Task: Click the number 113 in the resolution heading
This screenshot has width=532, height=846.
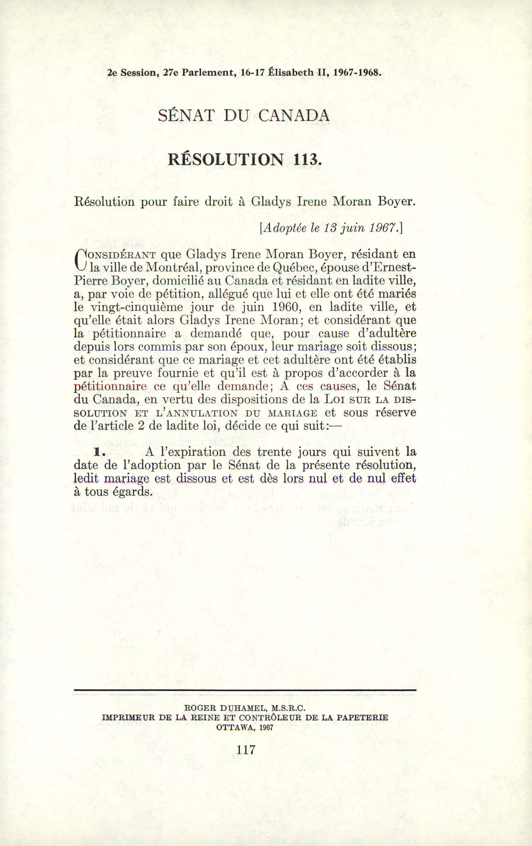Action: [x=306, y=159]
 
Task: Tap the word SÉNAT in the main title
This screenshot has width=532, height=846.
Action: [x=186, y=116]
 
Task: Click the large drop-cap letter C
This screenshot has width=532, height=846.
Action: [x=81, y=260]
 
